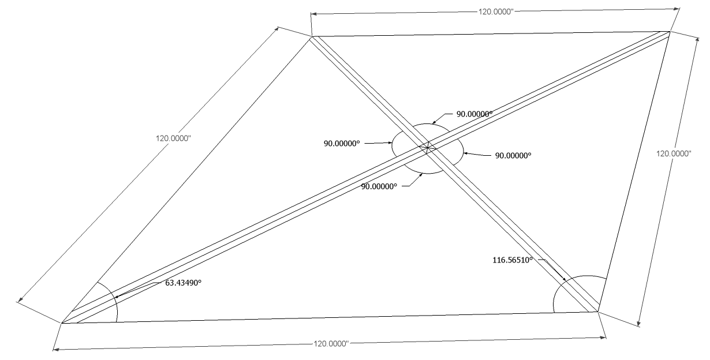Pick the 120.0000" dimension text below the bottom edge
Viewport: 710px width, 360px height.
pyautogui.click(x=331, y=343)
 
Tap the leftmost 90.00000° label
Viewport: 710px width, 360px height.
pyautogui.click(x=342, y=142)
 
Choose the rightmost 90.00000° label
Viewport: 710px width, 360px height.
pyautogui.click(x=513, y=155)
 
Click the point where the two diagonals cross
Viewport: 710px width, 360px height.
pyautogui.click(x=427, y=148)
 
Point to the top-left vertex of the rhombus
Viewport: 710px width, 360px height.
pyautogui.click(x=312, y=37)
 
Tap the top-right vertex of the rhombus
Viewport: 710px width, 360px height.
pyautogui.click(x=670, y=32)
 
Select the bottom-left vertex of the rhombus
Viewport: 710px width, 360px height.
pyautogui.click(x=62, y=323)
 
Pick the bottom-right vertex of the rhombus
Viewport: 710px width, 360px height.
pyautogui.click(x=598, y=312)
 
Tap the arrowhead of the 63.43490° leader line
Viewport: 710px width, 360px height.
pyautogui.click(x=115, y=298)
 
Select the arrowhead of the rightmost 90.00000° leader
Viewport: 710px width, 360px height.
pyautogui.click(x=463, y=153)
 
